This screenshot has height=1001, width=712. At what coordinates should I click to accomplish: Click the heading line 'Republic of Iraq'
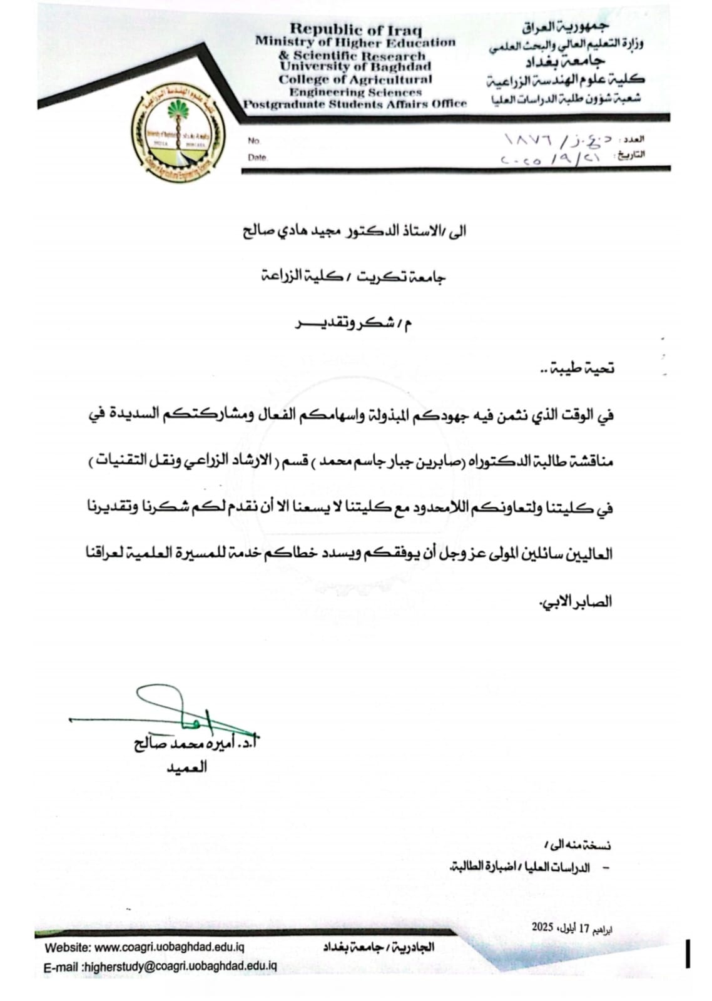coord(355,29)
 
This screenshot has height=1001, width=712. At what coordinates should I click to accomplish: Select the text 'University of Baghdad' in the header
coord(355,66)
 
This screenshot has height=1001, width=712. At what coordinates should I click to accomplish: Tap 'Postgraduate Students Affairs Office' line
coord(355,104)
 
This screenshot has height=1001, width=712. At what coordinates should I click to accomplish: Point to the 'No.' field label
coord(253,141)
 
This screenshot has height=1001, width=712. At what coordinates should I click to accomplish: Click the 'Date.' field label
coord(257,158)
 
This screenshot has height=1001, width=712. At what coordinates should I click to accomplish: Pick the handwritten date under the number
coord(551,158)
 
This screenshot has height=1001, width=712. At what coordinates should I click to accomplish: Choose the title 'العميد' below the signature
coord(186,768)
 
